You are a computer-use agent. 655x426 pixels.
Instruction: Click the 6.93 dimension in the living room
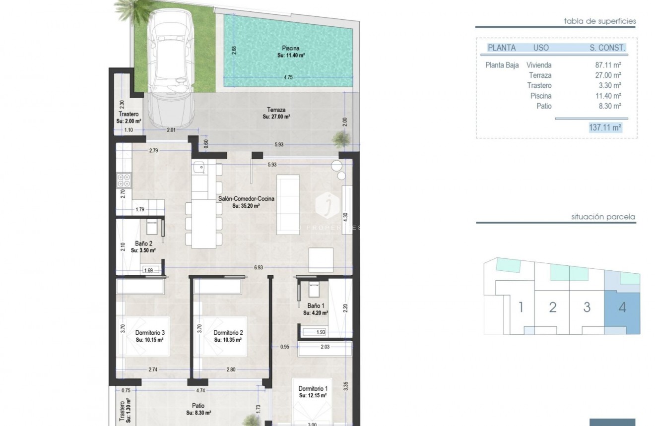(x=258, y=267)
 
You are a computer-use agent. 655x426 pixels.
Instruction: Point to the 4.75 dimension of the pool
(x=288, y=77)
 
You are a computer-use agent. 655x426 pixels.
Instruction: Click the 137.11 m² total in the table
(x=605, y=127)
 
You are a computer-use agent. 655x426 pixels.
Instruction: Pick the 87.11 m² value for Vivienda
(x=609, y=65)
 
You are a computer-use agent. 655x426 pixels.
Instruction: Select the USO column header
(x=541, y=48)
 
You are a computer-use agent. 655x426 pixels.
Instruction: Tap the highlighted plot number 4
(x=622, y=307)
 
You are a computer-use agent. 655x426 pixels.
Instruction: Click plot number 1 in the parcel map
(x=521, y=307)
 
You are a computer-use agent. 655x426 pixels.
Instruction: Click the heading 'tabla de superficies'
(x=599, y=21)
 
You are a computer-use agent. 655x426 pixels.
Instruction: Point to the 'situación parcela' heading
(x=603, y=217)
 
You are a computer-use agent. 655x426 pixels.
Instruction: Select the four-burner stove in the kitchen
(x=125, y=180)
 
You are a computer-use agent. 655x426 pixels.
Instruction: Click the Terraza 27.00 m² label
(x=276, y=113)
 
